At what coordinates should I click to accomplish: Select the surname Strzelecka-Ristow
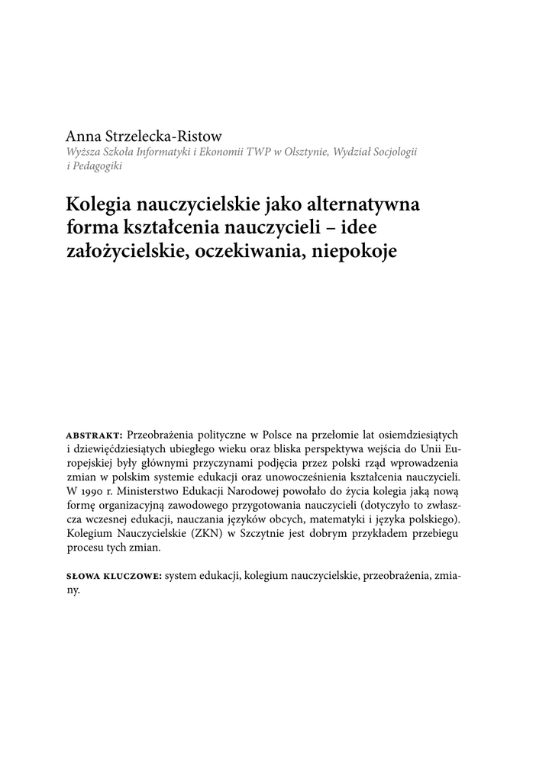point(162,137)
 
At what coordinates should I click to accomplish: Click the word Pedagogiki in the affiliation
point(98,166)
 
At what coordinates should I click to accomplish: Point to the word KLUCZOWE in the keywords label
point(133,578)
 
